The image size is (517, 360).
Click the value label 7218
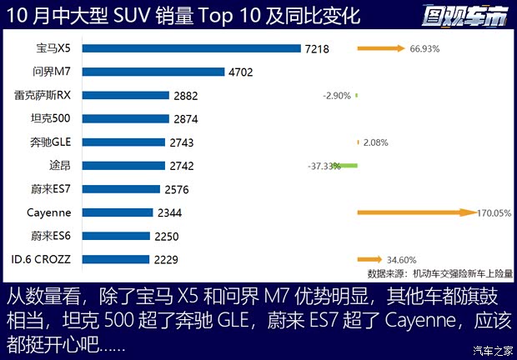point(317,49)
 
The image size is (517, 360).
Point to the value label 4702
point(240,72)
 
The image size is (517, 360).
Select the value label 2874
point(186,119)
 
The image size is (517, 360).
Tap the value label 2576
point(177,189)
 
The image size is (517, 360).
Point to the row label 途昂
point(60,165)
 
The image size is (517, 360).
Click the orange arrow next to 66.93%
point(381,48)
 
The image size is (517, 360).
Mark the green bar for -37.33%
point(349,166)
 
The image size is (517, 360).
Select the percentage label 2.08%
point(376,142)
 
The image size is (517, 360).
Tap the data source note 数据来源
point(440,272)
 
